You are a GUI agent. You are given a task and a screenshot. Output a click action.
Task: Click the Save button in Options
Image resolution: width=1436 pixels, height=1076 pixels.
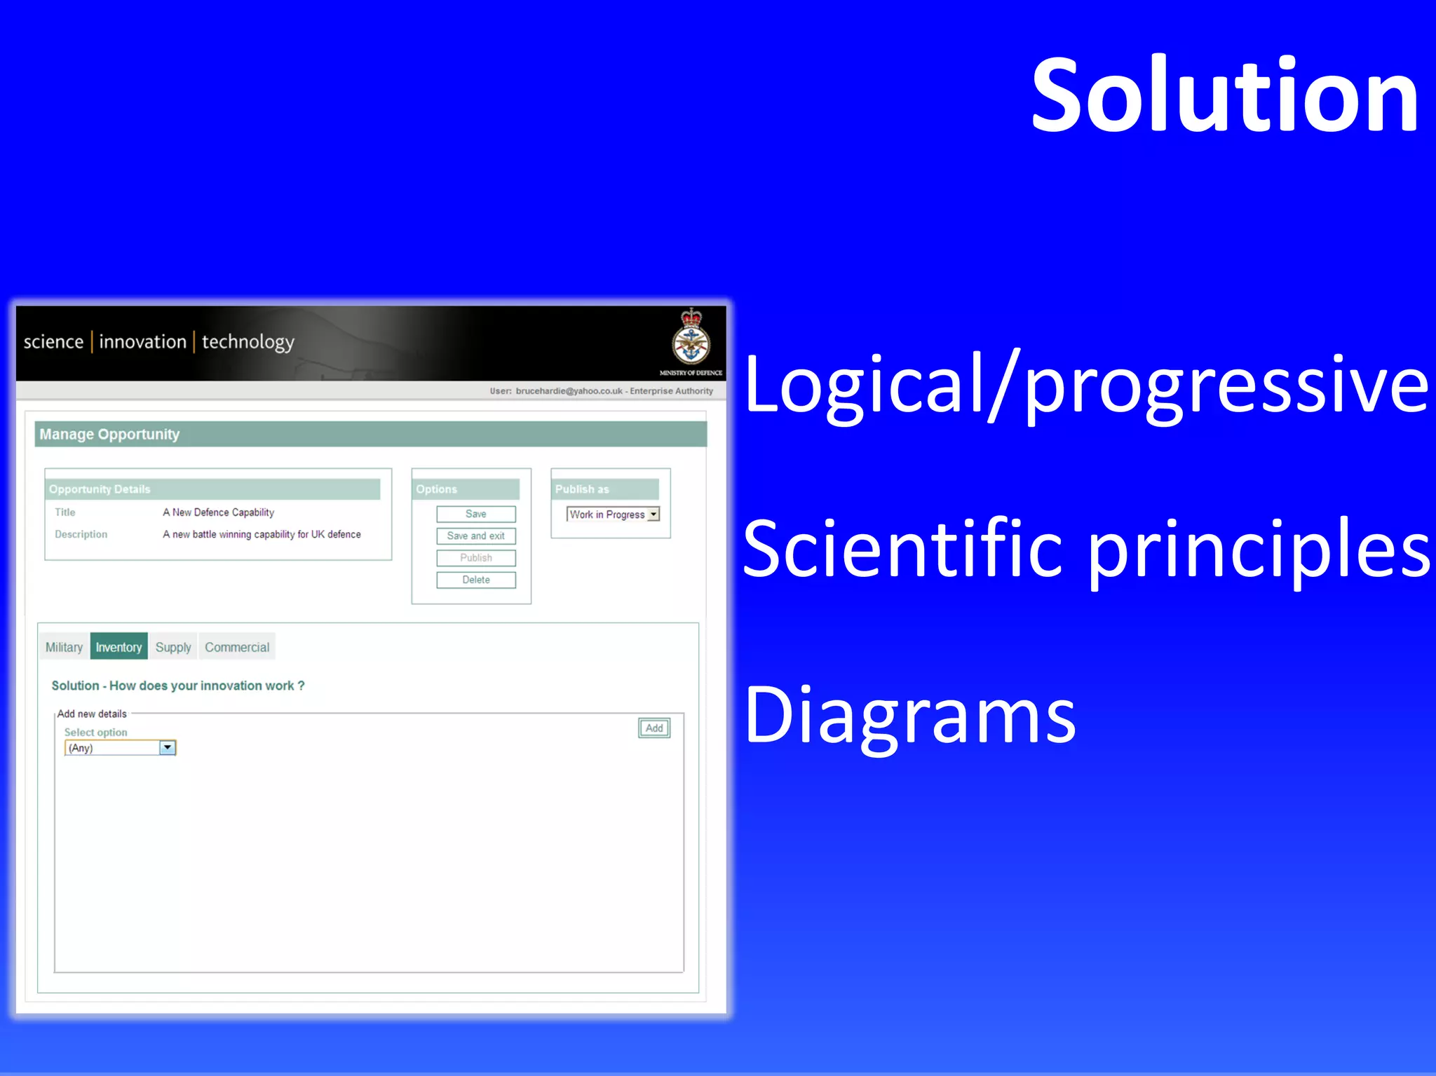click(475, 514)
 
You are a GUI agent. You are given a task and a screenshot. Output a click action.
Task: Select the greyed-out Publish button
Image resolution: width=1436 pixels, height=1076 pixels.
click(475, 558)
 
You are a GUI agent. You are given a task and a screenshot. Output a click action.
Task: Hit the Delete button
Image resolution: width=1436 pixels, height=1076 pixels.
click(475, 580)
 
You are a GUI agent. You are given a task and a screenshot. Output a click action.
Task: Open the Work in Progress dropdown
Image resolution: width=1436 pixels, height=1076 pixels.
click(653, 515)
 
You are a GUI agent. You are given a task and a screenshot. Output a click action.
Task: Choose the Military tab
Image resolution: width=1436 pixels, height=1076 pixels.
click(64, 647)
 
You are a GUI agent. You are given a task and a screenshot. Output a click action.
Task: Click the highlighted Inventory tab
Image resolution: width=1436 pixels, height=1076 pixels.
click(118, 647)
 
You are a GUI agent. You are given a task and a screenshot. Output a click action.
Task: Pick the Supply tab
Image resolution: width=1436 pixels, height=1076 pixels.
click(173, 647)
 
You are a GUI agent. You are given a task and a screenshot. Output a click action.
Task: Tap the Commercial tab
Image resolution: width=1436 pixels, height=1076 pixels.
click(237, 647)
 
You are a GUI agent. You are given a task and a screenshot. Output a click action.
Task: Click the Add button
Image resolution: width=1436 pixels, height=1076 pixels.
click(653, 728)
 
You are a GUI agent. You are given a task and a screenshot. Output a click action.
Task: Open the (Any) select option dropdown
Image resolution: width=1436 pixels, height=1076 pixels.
click(167, 748)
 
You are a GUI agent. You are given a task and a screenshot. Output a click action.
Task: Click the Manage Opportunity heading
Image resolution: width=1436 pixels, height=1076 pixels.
click(110, 435)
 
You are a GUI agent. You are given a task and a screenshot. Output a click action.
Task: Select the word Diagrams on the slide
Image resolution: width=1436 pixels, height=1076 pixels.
click(909, 715)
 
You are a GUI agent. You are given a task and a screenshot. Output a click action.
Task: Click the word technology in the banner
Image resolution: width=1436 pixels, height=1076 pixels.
click(248, 342)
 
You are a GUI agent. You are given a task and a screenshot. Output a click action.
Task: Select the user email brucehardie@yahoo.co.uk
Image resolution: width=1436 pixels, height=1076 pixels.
click(569, 391)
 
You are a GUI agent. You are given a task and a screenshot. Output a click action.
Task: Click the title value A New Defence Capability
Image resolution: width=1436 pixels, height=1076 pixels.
click(219, 512)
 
